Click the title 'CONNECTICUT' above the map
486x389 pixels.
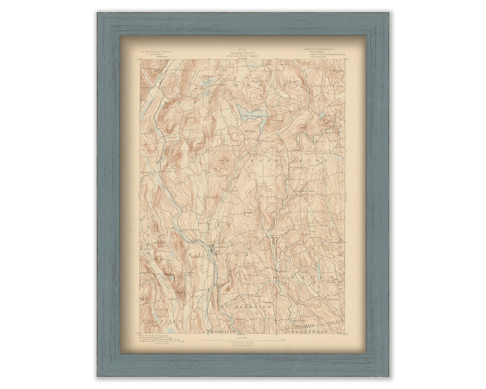click(x=242, y=53)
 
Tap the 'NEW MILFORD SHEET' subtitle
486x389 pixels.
click(x=242, y=56)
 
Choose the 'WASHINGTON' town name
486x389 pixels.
click(x=288, y=160)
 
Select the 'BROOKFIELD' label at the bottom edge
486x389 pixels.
click(x=222, y=332)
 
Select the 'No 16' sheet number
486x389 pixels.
click(x=242, y=49)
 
